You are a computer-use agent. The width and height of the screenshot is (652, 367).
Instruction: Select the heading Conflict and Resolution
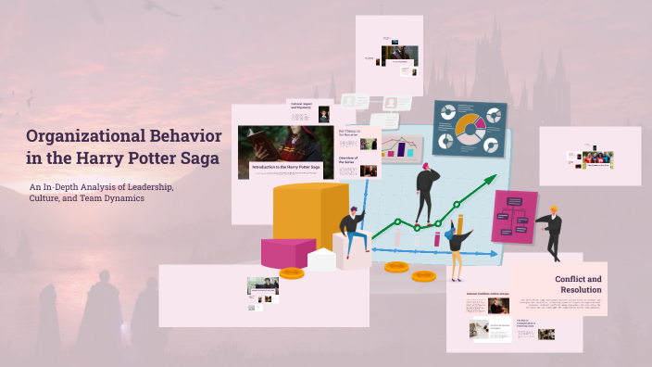pyautogui.click(x=578, y=285)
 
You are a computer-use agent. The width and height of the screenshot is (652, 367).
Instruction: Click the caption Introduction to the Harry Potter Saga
pyautogui.click(x=286, y=166)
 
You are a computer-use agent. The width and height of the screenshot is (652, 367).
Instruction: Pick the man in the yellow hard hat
pyautogui.click(x=553, y=231)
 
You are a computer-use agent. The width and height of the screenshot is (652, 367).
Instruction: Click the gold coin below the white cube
pyautogui.click(x=292, y=272)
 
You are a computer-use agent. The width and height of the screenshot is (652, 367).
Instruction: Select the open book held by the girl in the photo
pyautogui.click(x=258, y=152)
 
